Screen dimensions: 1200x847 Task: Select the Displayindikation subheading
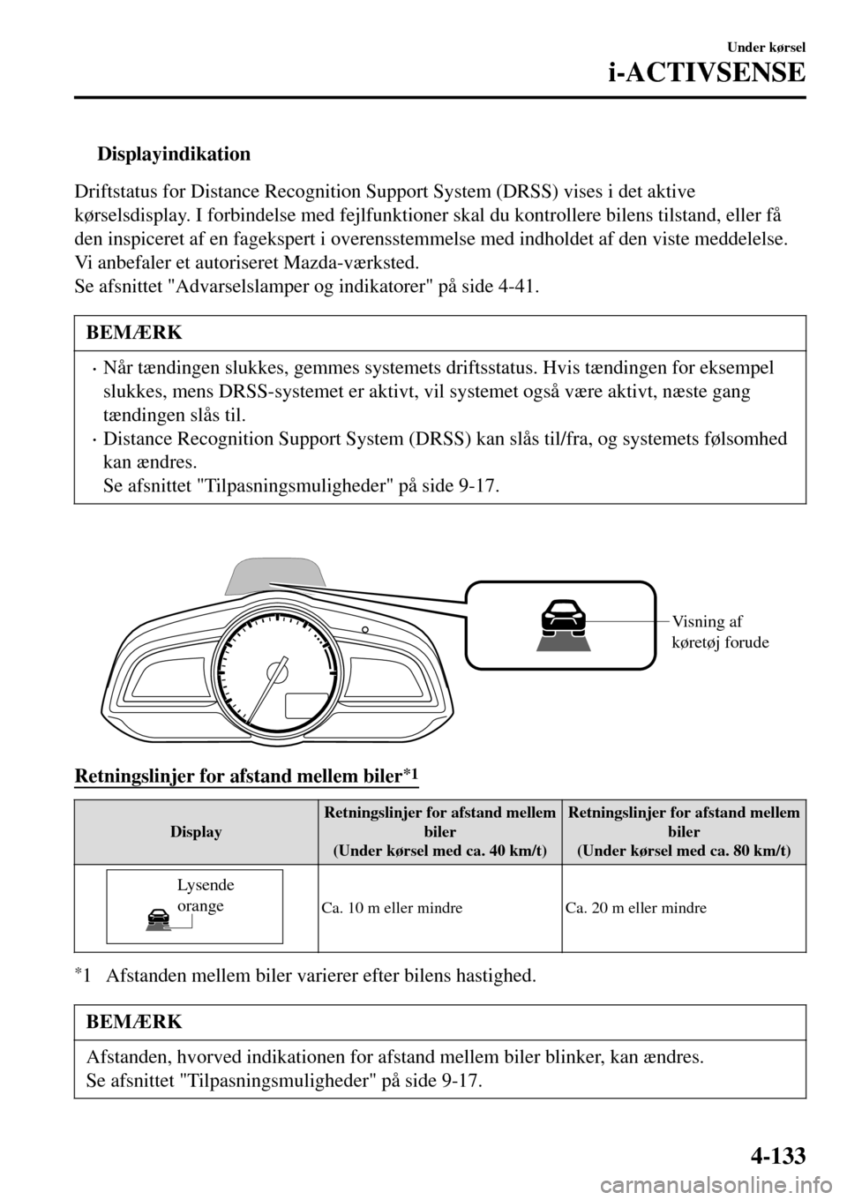tap(173, 154)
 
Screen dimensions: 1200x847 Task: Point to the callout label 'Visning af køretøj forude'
tap(720, 632)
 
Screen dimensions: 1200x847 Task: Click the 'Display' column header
tap(196, 832)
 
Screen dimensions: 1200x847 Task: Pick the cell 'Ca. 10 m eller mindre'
tap(392, 907)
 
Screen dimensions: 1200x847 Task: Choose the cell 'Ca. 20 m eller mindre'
tap(636, 907)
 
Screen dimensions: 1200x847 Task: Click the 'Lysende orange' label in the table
tap(205, 895)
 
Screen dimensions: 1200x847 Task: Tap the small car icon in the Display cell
tap(159, 919)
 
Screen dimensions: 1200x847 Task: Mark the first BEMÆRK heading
tap(135, 333)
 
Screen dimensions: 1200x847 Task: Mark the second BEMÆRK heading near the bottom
tap(135, 1022)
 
